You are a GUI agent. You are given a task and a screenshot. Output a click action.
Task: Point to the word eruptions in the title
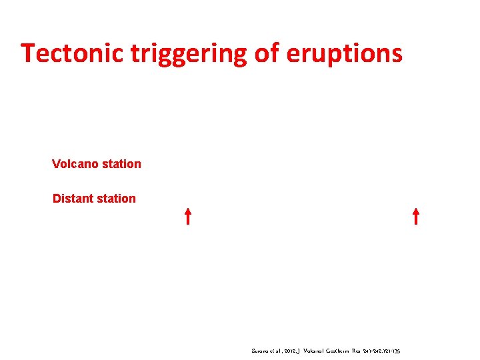pyautogui.click(x=344, y=53)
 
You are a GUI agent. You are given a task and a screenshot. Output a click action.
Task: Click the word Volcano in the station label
pyautogui.click(x=74, y=164)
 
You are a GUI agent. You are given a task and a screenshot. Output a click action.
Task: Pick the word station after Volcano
pyautogui.click(x=120, y=164)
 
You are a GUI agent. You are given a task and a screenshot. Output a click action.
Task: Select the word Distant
pyautogui.click(x=73, y=199)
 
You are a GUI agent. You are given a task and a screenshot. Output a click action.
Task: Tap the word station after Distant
pyautogui.click(x=115, y=199)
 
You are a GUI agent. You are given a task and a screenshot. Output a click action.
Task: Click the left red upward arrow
pyautogui.click(x=189, y=216)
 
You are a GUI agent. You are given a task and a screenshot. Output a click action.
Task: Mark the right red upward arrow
pyautogui.click(x=415, y=216)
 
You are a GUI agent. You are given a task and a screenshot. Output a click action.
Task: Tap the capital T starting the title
pyautogui.click(x=27, y=53)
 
